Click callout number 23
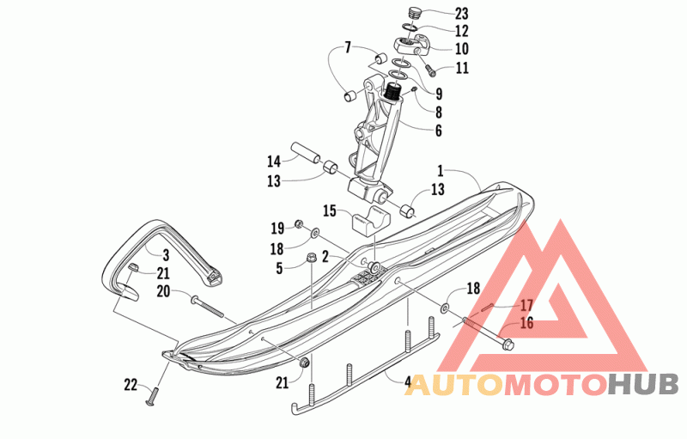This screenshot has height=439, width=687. pyautogui.click(x=461, y=14)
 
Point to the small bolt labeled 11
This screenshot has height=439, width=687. pyautogui.click(x=429, y=66)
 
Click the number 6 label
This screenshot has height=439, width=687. pyautogui.click(x=438, y=131)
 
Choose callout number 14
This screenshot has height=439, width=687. pyautogui.click(x=274, y=161)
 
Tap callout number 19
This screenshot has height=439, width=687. pyautogui.click(x=277, y=229)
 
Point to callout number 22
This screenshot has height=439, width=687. pyautogui.click(x=131, y=384)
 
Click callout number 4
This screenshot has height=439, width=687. pyautogui.click(x=408, y=379)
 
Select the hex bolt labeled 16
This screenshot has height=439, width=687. pyautogui.click(x=490, y=334)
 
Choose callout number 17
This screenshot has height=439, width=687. pyautogui.click(x=526, y=304)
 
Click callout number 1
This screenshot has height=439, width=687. pyautogui.click(x=439, y=170)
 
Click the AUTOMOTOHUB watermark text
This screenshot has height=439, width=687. pyautogui.click(x=542, y=384)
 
